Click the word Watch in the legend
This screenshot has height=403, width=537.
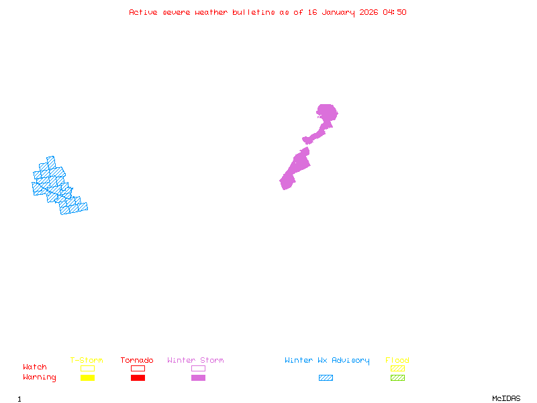pyautogui.click(x=35, y=367)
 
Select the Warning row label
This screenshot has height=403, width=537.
pyautogui.click(x=40, y=377)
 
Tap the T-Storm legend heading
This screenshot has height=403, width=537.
pyautogui.click(x=87, y=361)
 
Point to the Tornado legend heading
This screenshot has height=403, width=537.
pyautogui.click(x=137, y=361)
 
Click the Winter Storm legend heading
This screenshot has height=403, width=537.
pyautogui.click(x=195, y=361)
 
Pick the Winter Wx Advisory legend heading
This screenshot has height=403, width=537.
pyautogui.click(x=327, y=361)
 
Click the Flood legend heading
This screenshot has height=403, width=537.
pyautogui.click(x=397, y=361)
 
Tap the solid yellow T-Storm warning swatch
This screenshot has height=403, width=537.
pyautogui.click(x=87, y=378)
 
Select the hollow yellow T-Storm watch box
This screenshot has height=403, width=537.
pyautogui.click(x=87, y=368)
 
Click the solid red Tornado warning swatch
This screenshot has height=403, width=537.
pyautogui.click(x=138, y=378)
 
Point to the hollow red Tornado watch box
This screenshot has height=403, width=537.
pyautogui.click(x=138, y=368)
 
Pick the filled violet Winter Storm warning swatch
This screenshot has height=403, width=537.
pyautogui.click(x=198, y=378)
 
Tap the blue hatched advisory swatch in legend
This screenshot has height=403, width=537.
pyautogui.click(x=326, y=378)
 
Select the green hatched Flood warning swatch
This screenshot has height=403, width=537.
pyautogui.click(x=397, y=378)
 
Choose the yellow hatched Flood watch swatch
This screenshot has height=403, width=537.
pyautogui.click(x=397, y=368)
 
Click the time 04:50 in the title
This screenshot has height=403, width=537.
pyautogui.click(x=395, y=12)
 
